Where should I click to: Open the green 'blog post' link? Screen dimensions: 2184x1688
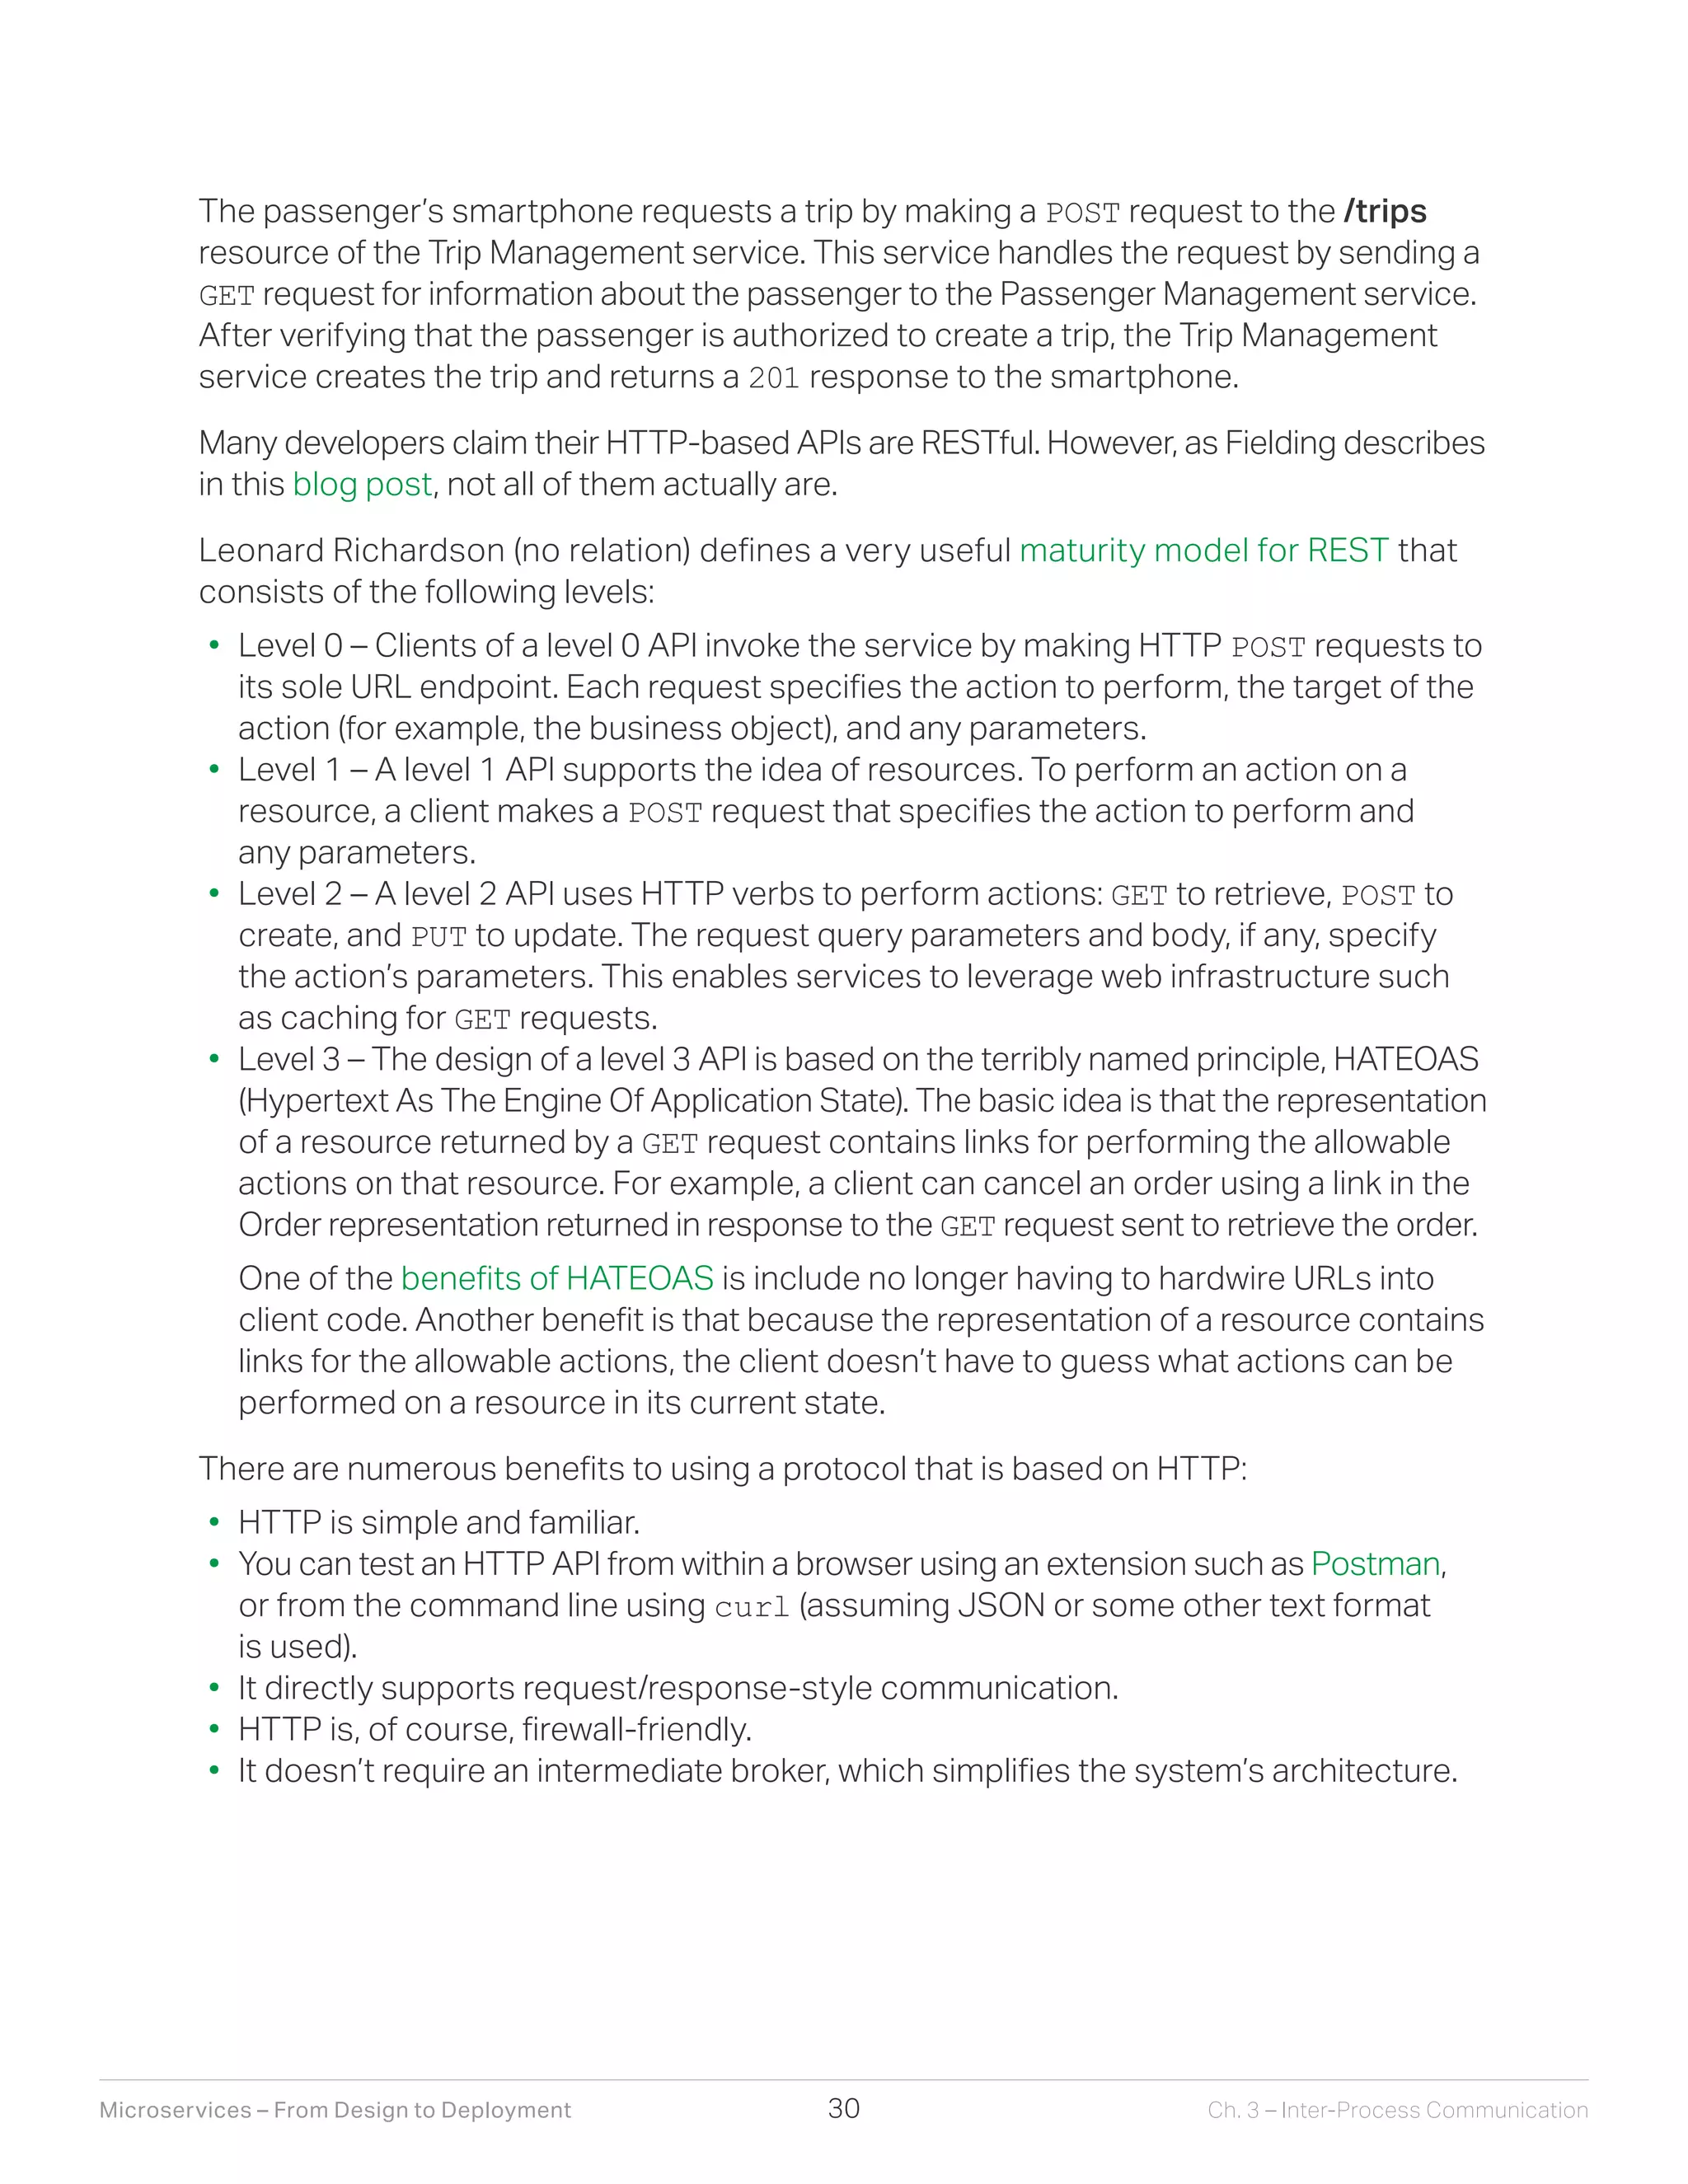point(361,485)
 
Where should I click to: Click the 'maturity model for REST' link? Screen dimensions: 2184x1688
point(1203,551)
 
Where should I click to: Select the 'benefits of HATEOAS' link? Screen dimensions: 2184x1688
point(557,1279)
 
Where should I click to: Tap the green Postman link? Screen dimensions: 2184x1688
point(1375,1564)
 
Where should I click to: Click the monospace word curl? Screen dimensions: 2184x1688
point(752,1607)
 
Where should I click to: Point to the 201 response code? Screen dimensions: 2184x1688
point(773,378)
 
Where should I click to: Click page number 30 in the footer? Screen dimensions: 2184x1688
point(843,2108)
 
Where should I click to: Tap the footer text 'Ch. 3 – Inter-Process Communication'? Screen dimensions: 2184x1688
point(1397,2110)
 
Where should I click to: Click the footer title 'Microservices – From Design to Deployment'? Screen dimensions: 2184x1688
point(335,2110)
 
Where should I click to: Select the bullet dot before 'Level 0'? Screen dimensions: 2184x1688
point(213,647)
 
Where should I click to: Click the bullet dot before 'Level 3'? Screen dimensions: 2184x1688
point(213,1060)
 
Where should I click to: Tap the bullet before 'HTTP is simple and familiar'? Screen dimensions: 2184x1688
point(213,1524)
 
